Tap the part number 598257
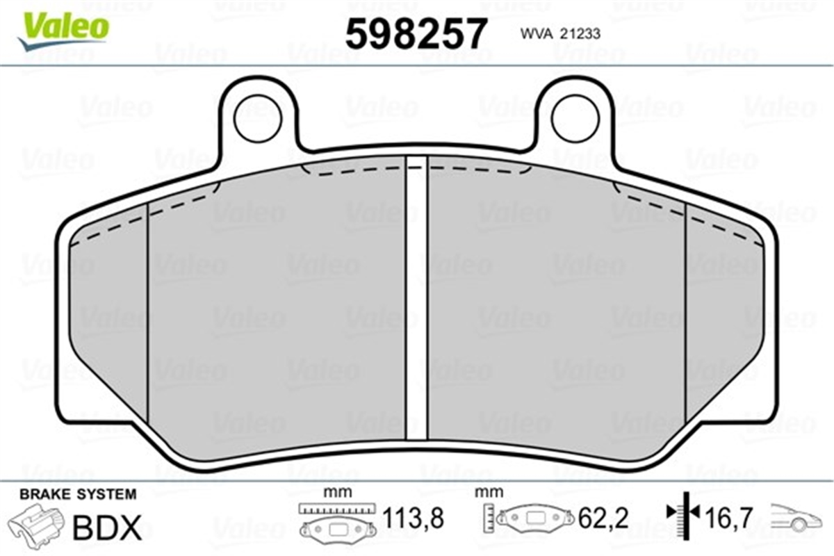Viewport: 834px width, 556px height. (416, 33)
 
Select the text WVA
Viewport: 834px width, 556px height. (534, 34)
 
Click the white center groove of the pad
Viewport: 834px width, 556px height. (416, 297)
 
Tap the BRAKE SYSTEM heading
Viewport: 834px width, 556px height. (78, 495)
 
